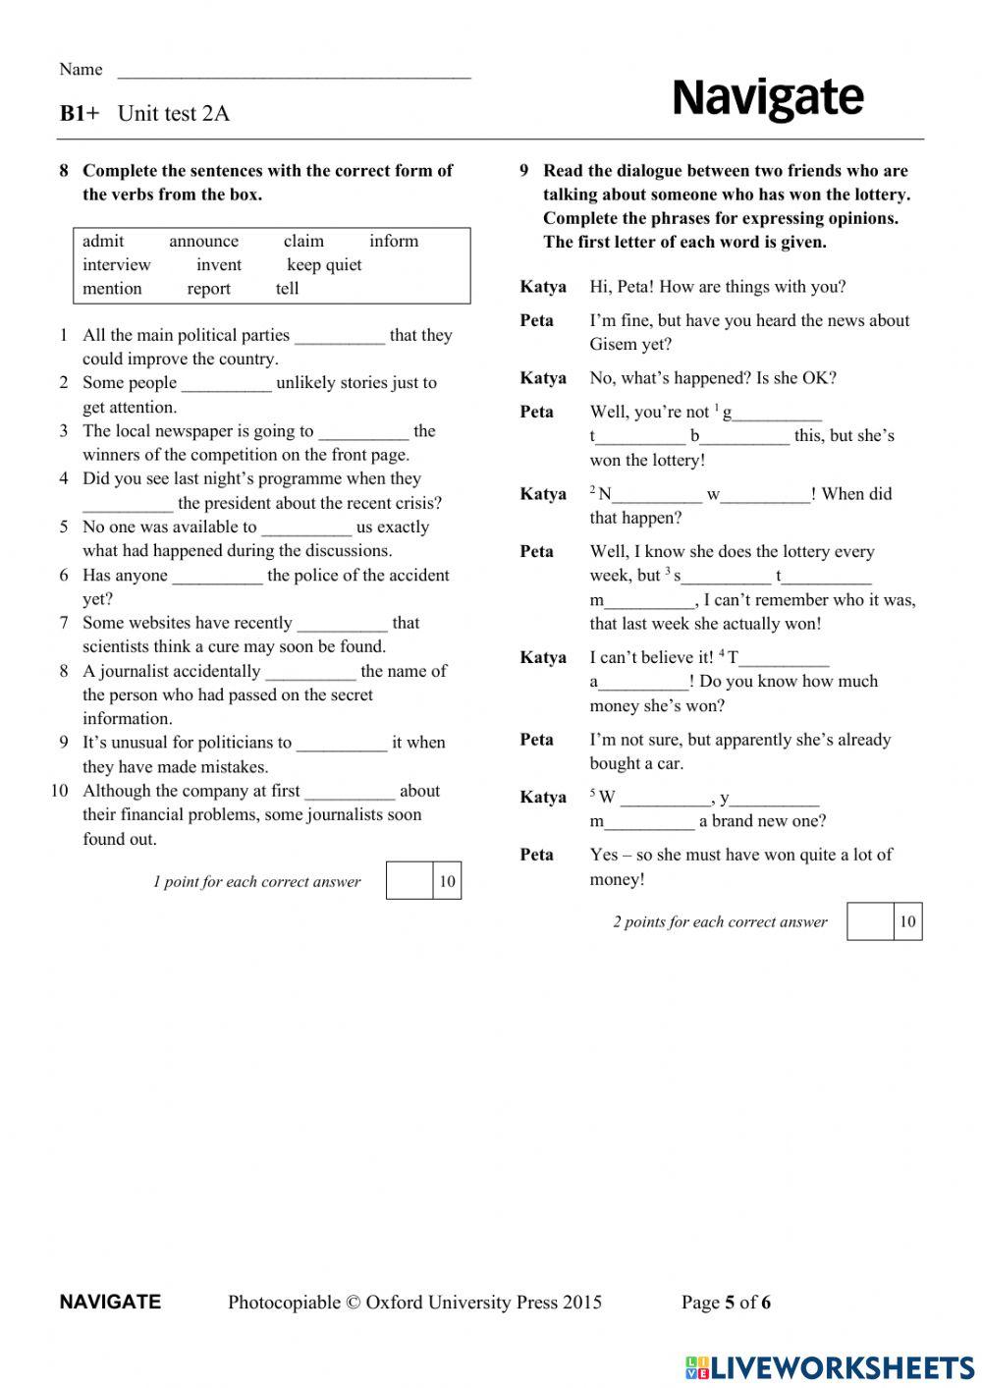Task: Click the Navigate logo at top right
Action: pyautogui.click(x=767, y=98)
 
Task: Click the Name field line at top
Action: pyautogui.click(x=294, y=74)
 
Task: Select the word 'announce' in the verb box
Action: pyautogui.click(x=203, y=242)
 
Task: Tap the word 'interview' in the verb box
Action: pyautogui.click(x=117, y=265)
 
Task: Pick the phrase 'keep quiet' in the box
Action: pyautogui.click(x=324, y=265)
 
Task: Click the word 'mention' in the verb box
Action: pyautogui.click(x=112, y=289)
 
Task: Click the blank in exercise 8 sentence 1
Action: pyautogui.click(x=340, y=338)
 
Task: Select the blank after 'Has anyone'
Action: pyautogui.click(x=217, y=579)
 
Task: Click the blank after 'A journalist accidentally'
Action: pyautogui.click(x=310, y=675)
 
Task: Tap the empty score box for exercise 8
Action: pyautogui.click(x=409, y=880)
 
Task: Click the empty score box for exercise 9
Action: pyautogui.click(x=870, y=921)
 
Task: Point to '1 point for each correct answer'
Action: pyautogui.click(x=256, y=882)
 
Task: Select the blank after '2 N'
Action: pyautogui.click(x=657, y=498)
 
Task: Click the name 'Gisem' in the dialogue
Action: pyautogui.click(x=614, y=345)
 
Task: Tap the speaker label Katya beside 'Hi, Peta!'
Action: pyautogui.click(x=543, y=287)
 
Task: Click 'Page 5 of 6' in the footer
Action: pyautogui.click(x=726, y=1303)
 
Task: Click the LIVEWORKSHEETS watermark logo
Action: pyautogui.click(x=830, y=1367)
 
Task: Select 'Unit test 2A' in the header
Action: pyautogui.click(x=174, y=114)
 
